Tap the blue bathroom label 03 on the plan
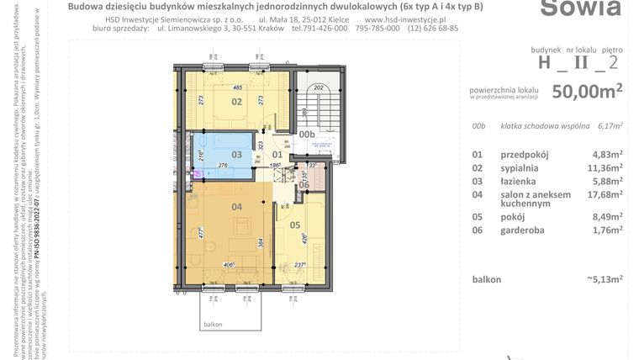[237, 155]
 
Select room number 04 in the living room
[237, 207]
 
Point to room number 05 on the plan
[294, 225]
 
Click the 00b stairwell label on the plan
[307, 133]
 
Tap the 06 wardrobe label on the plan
[304, 185]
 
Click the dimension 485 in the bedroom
[238, 87]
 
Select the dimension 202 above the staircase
[318, 87]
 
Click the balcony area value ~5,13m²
[604, 278]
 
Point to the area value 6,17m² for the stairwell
[610, 126]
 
